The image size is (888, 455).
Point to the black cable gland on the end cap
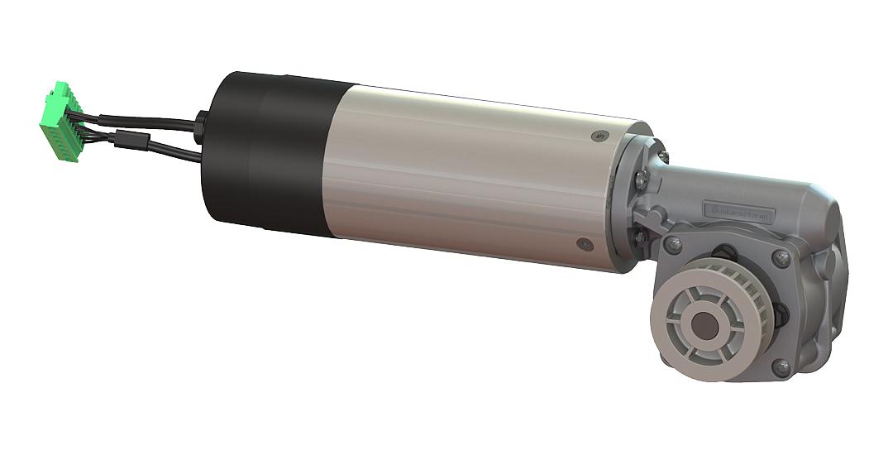pyautogui.click(x=199, y=127)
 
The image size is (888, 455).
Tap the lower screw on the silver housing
pyautogui.click(x=585, y=244)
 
